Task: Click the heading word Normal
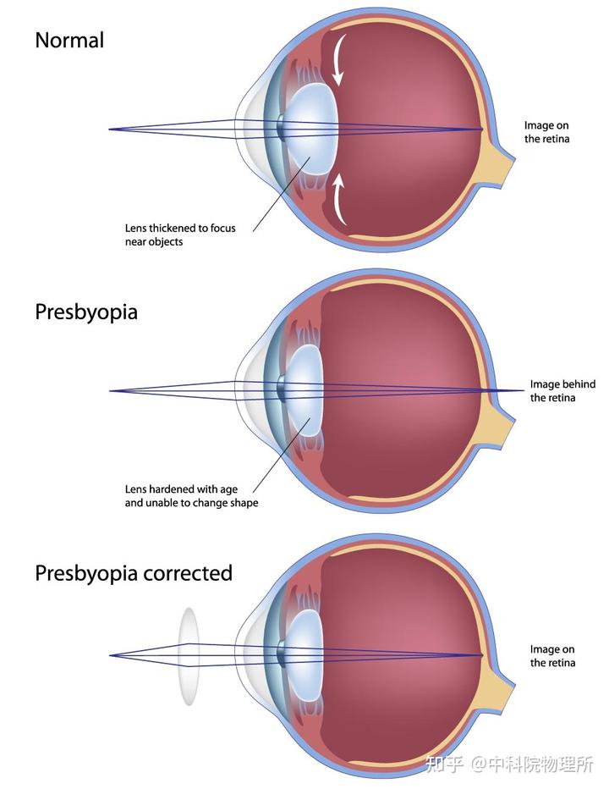pos(69,41)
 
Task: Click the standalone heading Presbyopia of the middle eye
pos(86,312)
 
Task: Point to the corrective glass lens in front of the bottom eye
pos(189,656)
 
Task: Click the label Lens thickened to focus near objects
pos(180,234)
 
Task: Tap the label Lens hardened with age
pos(181,489)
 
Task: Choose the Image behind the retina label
pos(562,391)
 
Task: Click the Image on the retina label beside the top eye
pos(546,132)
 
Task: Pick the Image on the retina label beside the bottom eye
pos(552,656)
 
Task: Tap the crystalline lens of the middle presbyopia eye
pos(304,390)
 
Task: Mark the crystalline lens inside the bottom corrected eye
pos(304,655)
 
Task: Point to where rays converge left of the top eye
pos(110,130)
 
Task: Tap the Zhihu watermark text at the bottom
pos(509,764)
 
